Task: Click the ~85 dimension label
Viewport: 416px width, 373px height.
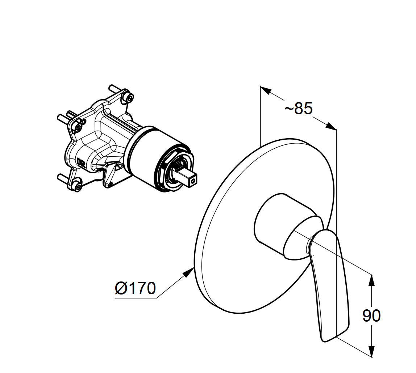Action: [299, 108]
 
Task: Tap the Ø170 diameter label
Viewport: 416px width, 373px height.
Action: [135, 288]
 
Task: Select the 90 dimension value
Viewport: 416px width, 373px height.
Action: [371, 315]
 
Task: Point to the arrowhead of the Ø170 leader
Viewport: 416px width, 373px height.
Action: [190, 272]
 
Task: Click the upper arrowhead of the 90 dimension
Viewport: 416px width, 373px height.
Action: [372, 280]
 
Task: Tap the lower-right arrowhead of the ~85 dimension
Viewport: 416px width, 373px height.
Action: [331, 126]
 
